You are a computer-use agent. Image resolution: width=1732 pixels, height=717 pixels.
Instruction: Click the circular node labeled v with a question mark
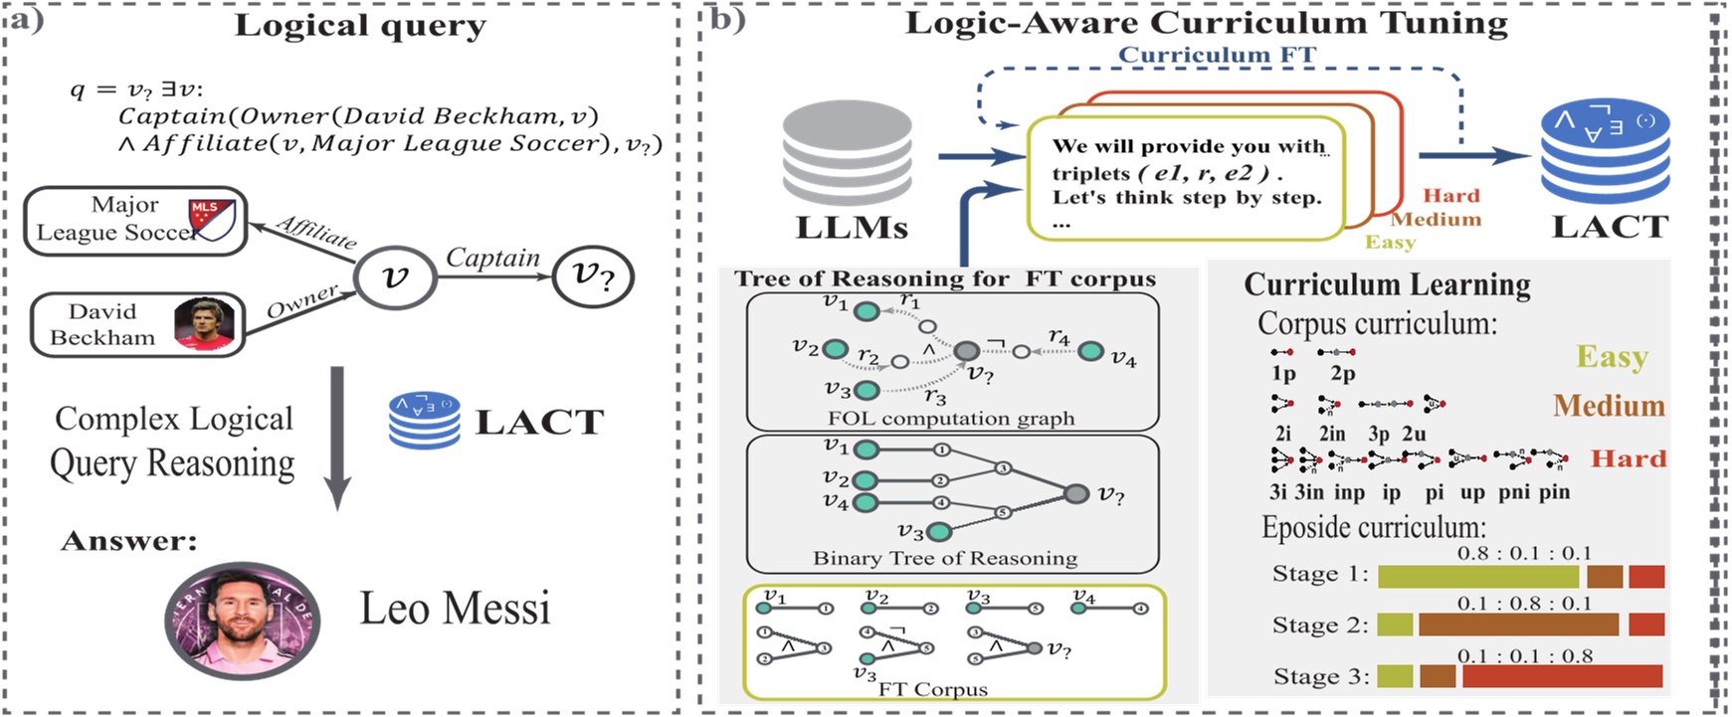pyautogui.click(x=592, y=275)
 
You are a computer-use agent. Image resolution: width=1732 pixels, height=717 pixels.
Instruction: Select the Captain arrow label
pyautogui.click(x=491, y=258)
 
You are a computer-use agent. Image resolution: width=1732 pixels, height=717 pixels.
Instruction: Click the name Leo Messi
pyautogui.click(x=454, y=608)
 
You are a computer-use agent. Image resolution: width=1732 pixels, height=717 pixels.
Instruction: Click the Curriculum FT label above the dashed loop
pyautogui.click(x=1217, y=55)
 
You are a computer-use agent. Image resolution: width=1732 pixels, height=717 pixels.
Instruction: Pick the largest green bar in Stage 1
pyautogui.click(x=1477, y=576)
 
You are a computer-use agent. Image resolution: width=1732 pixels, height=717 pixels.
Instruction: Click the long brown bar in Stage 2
pyautogui.click(x=1518, y=626)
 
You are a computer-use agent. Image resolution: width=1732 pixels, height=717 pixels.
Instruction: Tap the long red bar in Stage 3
pyautogui.click(x=1562, y=676)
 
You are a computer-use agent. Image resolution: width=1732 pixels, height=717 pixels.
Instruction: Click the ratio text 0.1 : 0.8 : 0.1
pyautogui.click(x=1524, y=604)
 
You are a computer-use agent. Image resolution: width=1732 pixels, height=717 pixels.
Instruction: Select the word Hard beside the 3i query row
pyautogui.click(x=1628, y=458)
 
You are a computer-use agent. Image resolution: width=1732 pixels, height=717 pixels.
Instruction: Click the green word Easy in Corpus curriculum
pyautogui.click(x=1612, y=356)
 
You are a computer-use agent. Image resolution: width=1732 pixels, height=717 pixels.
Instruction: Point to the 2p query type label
pyautogui.click(x=1342, y=374)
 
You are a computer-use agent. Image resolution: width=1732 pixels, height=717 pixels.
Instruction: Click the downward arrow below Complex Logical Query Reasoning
pyautogui.click(x=337, y=438)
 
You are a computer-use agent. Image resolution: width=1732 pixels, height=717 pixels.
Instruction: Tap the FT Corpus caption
pyautogui.click(x=932, y=689)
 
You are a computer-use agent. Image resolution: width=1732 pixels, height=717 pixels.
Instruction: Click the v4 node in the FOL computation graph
pyautogui.click(x=1090, y=351)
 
